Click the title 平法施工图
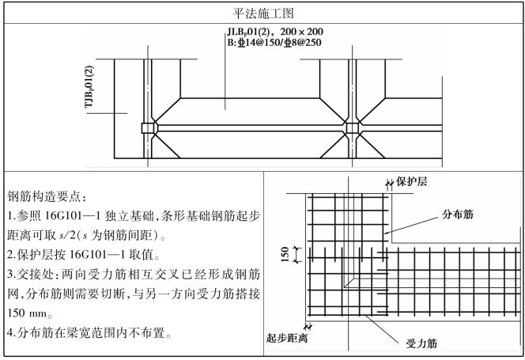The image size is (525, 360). click(x=262, y=13)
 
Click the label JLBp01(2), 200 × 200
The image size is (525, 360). click(x=274, y=32)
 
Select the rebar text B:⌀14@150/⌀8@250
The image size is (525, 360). click(x=274, y=44)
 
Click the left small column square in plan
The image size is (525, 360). click(x=147, y=127)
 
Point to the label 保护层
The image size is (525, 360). click(x=411, y=182)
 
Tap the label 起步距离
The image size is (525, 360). click(x=287, y=339)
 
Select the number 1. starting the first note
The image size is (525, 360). click(x=11, y=217)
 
